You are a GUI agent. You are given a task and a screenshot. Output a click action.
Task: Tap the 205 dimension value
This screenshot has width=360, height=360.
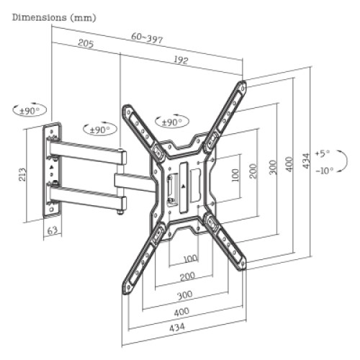coord(86,45)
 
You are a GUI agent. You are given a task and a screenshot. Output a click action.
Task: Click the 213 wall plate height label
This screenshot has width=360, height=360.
coord(23,174)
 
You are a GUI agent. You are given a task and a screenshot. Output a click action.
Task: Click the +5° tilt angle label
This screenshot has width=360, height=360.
coord(321,153)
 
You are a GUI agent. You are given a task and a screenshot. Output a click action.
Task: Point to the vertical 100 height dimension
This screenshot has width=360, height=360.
coord(235,175)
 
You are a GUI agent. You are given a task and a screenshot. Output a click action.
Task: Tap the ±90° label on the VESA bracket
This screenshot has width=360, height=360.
coord(170,122)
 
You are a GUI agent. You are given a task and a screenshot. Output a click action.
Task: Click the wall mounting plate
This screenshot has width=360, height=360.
coord(51,171)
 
